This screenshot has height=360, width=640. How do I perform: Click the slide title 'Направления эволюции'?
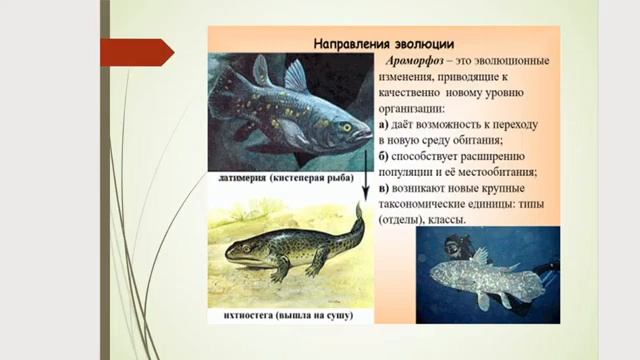tap(384, 44)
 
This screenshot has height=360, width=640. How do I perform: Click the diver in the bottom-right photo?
tap(458, 247)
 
